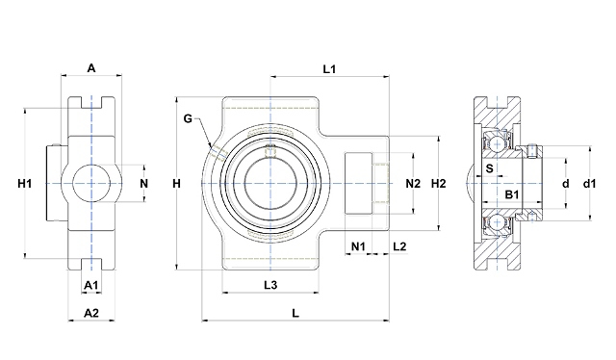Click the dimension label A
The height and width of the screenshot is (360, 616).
(x=91, y=68)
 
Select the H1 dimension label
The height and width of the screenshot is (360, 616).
(x=25, y=183)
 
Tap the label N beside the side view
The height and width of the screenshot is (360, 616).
(x=144, y=184)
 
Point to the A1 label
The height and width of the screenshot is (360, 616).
(x=91, y=285)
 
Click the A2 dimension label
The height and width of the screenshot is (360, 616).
(x=91, y=313)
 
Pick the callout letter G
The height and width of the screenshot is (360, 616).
(x=188, y=118)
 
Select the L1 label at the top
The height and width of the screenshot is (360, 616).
(x=329, y=69)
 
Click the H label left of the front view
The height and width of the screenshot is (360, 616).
(x=177, y=183)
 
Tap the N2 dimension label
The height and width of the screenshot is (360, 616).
(x=413, y=183)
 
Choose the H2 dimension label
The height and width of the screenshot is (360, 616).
(x=439, y=183)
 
